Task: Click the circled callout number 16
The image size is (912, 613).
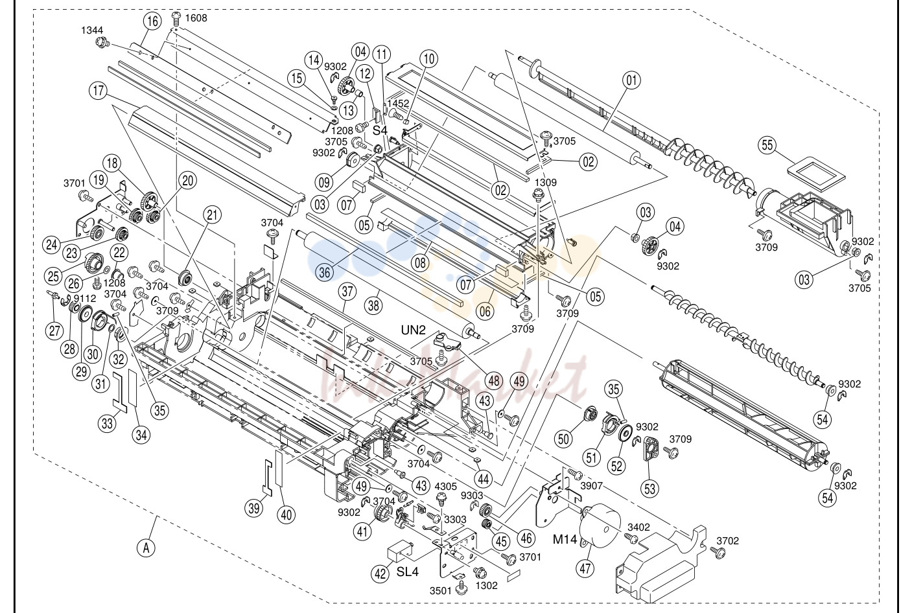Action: (x=152, y=21)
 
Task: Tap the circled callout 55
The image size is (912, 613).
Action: (x=767, y=145)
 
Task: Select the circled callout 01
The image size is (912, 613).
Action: (x=631, y=80)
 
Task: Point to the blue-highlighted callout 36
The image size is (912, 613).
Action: (x=325, y=272)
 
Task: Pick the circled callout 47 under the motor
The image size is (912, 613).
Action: (x=585, y=568)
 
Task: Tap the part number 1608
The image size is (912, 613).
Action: (x=196, y=18)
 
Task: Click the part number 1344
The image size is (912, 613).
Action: (x=92, y=30)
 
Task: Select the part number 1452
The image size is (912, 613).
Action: (x=398, y=104)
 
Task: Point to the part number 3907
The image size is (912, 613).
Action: (x=591, y=485)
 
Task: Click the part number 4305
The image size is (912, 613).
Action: (x=446, y=487)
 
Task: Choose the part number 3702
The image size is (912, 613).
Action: (x=727, y=540)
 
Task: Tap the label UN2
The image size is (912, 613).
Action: (x=414, y=330)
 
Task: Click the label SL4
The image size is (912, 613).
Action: (x=408, y=572)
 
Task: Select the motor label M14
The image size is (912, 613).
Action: (x=565, y=539)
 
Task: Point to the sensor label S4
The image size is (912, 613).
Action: (x=380, y=130)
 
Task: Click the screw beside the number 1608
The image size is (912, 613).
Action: (x=177, y=18)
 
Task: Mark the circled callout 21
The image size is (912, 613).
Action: (x=212, y=214)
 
